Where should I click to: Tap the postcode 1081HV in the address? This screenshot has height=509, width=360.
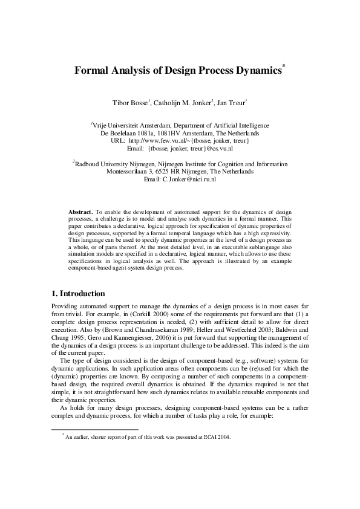tap(174, 132)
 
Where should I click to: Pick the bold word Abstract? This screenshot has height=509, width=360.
tap(79, 213)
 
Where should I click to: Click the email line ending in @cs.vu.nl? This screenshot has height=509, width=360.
tap(180, 148)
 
